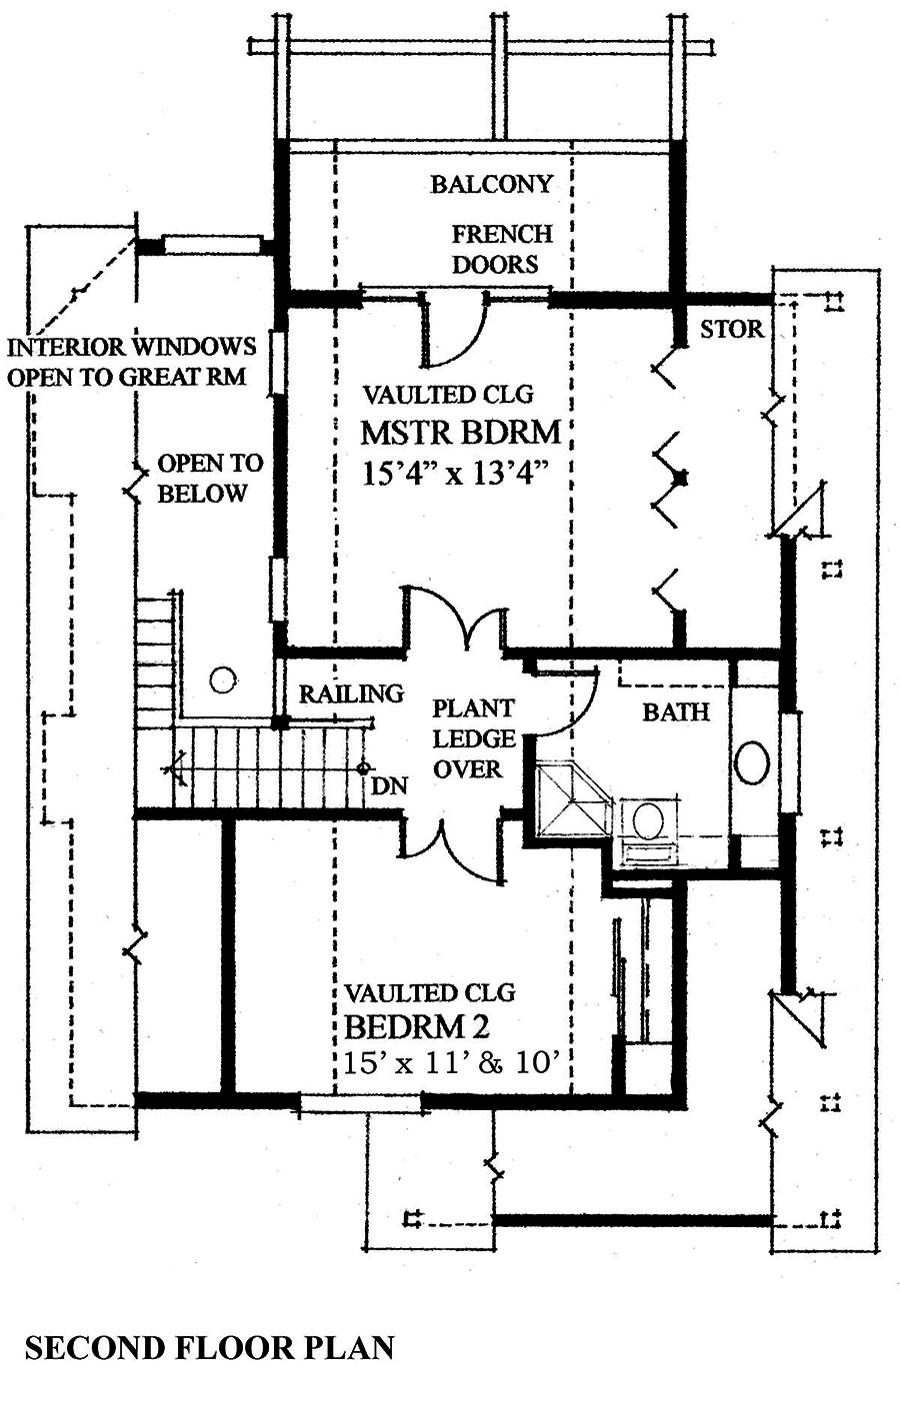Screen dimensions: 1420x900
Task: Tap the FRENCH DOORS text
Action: pyautogui.click(x=500, y=249)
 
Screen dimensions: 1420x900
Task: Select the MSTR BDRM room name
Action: pyautogui.click(x=460, y=433)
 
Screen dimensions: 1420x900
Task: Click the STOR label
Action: pyautogui.click(x=731, y=329)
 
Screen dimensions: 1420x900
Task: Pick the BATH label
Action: pyautogui.click(x=676, y=711)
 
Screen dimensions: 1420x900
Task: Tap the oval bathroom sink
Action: pyautogui.click(x=752, y=762)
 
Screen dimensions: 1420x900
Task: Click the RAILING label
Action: pyautogui.click(x=351, y=694)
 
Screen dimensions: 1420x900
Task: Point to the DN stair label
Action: pyautogui.click(x=390, y=785)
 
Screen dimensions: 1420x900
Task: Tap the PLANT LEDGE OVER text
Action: pyautogui.click(x=474, y=738)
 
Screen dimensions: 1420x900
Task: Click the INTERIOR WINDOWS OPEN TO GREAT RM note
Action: pyautogui.click(x=132, y=362)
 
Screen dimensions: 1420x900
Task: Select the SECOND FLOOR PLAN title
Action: pyautogui.click(x=209, y=1347)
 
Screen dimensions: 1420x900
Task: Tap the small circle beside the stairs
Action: pyautogui.click(x=222, y=681)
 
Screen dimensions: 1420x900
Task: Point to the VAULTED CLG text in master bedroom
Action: pyautogui.click(x=447, y=394)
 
